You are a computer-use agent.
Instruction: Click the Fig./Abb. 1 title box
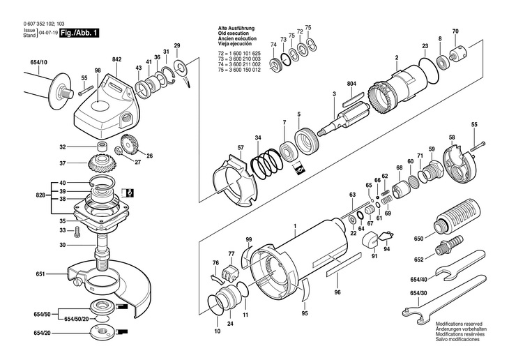click(x=79, y=33)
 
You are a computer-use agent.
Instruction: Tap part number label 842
click(x=116, y=59)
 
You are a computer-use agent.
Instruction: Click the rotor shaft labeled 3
click(x=344, y=119)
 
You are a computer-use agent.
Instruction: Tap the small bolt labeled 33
click(x=77, y=232)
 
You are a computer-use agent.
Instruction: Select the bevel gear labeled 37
click(x=100, y=164)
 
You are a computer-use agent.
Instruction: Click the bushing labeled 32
click(x=103, y=147)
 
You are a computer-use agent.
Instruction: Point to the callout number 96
click(x=337, y=292)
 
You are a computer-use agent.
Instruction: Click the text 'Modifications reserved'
click(x=459, y=324)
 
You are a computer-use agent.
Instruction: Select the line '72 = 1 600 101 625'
click(x=239, y=53)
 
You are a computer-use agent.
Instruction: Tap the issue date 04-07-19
click(x=48, y=33)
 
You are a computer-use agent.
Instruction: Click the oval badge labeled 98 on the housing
click(x=99, y=105)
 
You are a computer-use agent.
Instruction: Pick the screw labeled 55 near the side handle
click(x=86, y=90)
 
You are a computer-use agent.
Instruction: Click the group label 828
click(x=41, y=195)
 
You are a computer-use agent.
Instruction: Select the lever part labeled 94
click(x=386, y=235)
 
